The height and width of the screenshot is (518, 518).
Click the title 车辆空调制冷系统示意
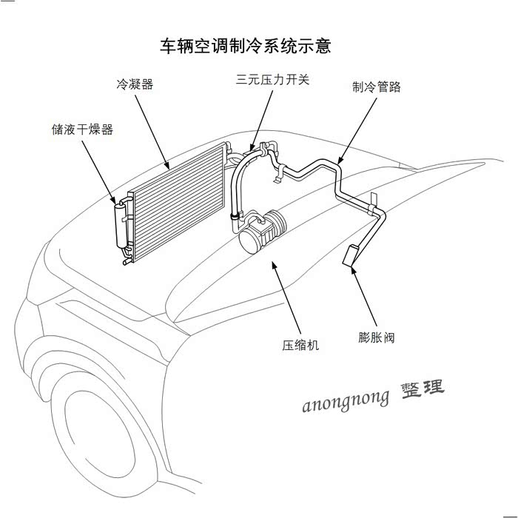[x=245, y=46]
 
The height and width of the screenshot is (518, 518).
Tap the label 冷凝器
[x=135, y=84]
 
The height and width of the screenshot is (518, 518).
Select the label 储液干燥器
[x=78, y=129]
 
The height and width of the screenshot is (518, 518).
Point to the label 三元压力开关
[x=272, y=79]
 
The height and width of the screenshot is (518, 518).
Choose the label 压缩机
[x=300, y=345]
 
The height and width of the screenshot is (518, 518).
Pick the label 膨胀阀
[x=376, y=337]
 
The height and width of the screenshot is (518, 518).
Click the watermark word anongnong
[x=346, y=400]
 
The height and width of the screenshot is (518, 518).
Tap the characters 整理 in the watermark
[x=423, y=389]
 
